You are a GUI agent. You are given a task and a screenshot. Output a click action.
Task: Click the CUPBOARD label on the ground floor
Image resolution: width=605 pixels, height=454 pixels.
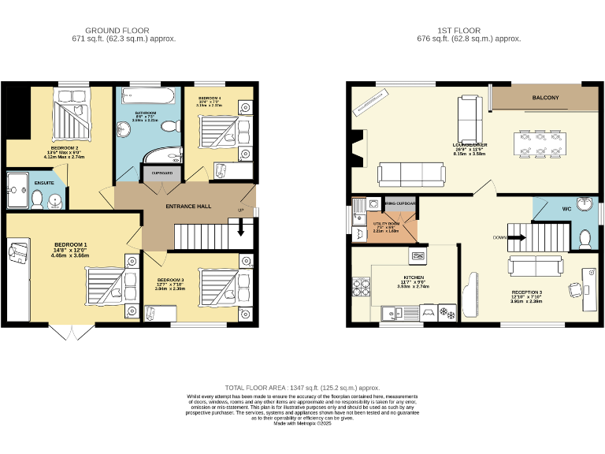[x=161, y=173]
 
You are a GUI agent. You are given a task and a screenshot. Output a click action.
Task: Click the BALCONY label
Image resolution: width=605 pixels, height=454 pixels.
[x=545, y=99]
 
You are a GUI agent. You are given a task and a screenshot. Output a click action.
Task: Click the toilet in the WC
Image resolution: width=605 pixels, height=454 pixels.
[x=584, y=237]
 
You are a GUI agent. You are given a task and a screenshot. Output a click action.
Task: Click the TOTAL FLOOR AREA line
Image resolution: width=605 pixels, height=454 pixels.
[x=302, y=388]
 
